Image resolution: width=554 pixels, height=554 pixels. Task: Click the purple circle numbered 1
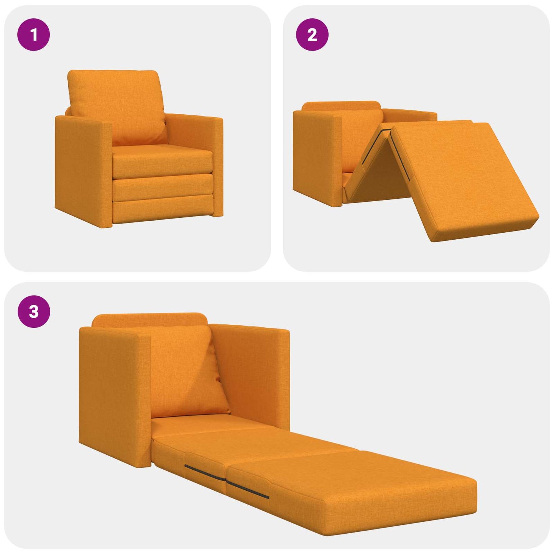coord(34,35)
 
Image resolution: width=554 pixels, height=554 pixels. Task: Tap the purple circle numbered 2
coord(312,35)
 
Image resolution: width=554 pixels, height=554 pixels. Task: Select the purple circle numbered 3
coord(34,311)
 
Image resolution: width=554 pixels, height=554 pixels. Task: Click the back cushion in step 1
coord(117,105)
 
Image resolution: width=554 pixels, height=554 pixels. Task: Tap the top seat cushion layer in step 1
coord(163,161)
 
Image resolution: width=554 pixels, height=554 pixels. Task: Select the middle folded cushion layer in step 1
coord(163,187)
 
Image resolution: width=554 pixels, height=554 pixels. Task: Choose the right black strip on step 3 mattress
coord(247,490)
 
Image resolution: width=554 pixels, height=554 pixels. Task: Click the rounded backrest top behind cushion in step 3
coord(150,320)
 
